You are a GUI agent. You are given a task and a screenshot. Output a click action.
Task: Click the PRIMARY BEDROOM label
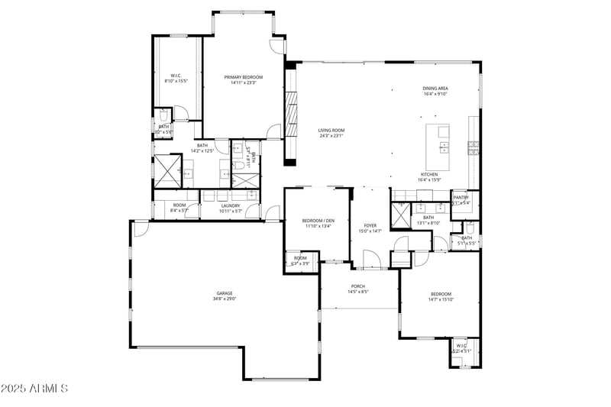243,77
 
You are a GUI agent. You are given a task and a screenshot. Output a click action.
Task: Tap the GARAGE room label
224,293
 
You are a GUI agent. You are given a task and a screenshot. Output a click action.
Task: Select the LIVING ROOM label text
331,131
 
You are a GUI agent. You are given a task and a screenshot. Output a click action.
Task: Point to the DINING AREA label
435,88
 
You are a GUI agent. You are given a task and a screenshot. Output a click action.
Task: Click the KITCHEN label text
428,174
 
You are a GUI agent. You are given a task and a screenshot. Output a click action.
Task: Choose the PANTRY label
461,198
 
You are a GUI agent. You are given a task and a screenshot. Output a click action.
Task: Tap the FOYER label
370,225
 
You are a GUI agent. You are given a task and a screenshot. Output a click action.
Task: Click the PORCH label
358,286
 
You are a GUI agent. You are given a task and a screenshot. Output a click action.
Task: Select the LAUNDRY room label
231,205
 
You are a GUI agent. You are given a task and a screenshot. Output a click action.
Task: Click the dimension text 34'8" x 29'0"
224,299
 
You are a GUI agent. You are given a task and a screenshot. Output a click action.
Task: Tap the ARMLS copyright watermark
35,389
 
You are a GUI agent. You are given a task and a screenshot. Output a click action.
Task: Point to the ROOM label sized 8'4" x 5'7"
179,205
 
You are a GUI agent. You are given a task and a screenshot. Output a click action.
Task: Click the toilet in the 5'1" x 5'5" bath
469,229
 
